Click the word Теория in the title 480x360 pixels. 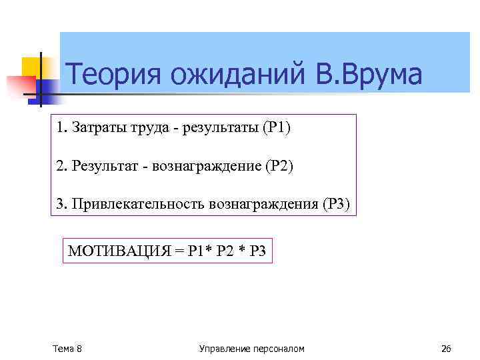point(114,75)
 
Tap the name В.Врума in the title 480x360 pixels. point(370,75)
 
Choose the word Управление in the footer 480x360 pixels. point(223,349)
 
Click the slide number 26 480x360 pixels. point(447,349)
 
